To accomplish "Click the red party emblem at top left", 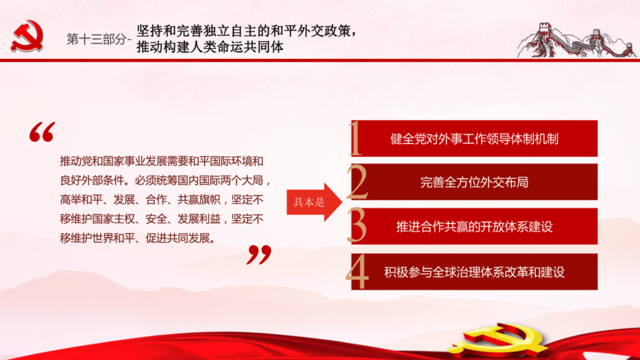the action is (x=27, y=36).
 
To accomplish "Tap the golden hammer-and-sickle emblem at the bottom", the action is (x=499, y=341).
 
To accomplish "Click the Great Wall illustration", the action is (x=577, y=41).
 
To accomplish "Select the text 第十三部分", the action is (x=96, y=39).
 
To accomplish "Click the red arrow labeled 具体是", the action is (x=315, y=202).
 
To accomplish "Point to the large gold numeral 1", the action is (x=356, y=138).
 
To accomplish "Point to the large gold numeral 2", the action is (x=357, y=182).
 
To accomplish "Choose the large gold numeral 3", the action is (x=357, y=225).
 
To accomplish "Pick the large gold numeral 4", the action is (x=357, y=272).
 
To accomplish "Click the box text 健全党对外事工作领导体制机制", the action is (x=474, y=139).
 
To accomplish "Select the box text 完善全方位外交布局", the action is (x=474, y=182).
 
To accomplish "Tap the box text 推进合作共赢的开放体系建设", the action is (x=474, y=227).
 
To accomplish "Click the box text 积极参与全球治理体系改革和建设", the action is (x=474, y=272).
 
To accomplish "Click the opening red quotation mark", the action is (x=42, y=132).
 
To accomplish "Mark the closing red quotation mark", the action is (x=259, y=254).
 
